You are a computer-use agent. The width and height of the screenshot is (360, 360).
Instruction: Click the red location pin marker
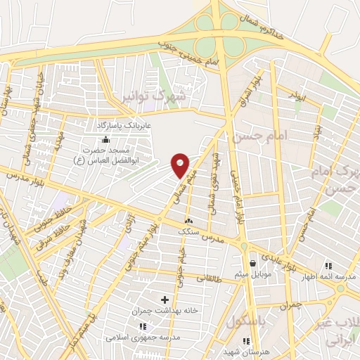[x=181, y=165]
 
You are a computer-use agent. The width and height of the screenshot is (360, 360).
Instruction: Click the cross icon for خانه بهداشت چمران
[x=165, y=300]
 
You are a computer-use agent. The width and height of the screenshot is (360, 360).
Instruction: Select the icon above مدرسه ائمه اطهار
[x=328, y=266]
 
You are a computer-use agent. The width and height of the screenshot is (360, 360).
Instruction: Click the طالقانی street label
[x=207, y=276]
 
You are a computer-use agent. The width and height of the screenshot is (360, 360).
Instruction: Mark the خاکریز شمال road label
[x=262, y=27]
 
